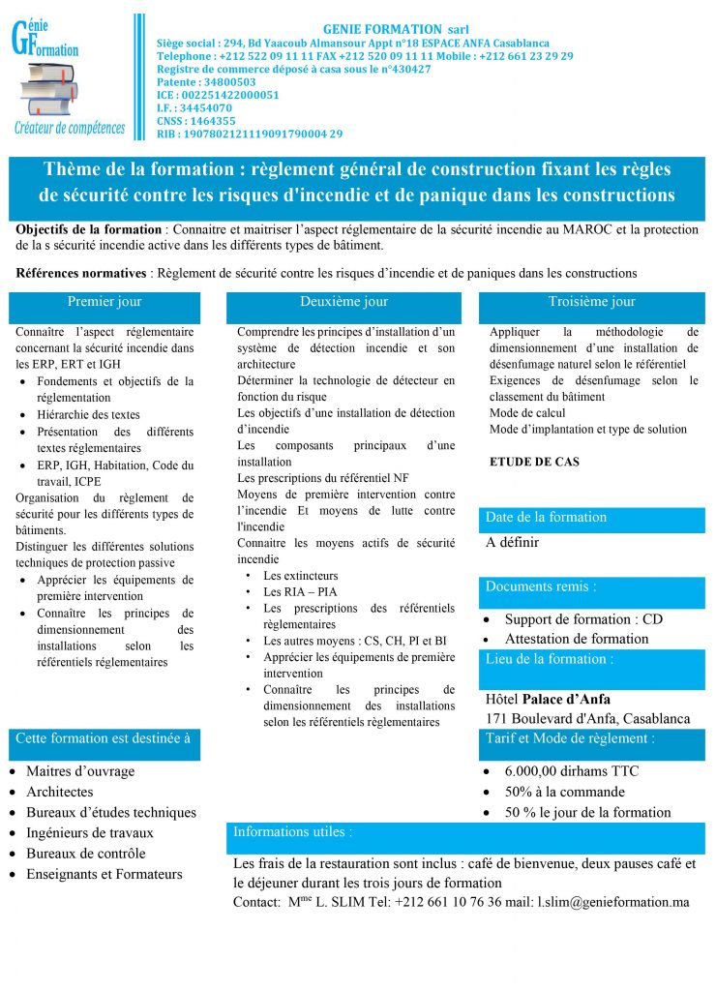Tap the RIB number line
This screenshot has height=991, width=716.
[250, 134]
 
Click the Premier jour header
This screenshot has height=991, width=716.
[104, 302]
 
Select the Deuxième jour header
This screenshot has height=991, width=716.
[343, 302]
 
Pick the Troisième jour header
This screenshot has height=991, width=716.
[591, 302]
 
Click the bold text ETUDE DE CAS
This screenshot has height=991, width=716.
[534, 462]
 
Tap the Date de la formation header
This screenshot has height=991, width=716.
[546, 518]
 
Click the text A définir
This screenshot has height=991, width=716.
[513, 542]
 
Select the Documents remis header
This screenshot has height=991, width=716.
[541, 586]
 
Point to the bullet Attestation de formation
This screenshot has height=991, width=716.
[576, 639]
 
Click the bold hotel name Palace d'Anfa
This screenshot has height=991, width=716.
[566, 699]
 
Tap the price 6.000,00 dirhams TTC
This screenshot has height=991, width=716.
[571, 771]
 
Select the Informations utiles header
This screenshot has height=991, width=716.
[293, 831]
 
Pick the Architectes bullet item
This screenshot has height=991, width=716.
[60, 792]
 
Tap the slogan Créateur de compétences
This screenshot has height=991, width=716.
[70, 128]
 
